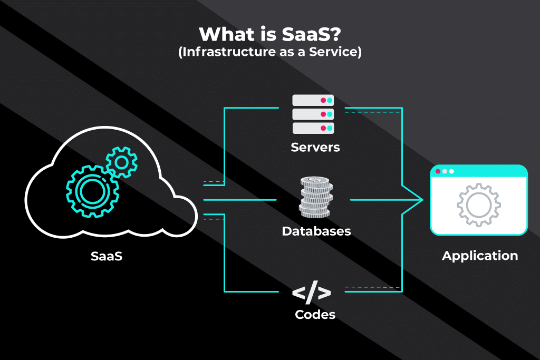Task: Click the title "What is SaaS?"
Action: (269, 35)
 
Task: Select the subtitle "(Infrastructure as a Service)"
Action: (269, 53)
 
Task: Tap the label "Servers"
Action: (315, 147)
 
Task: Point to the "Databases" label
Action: (316, 231)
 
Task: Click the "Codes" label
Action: (315, 315)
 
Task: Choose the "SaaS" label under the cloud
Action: (107, 257)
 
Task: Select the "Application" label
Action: (480, 256)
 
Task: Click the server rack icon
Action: (313, 114)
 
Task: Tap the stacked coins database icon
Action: (315, 198)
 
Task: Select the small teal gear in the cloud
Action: (121, 162)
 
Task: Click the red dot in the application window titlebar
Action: (438, 171)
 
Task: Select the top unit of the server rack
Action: (313, 100)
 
